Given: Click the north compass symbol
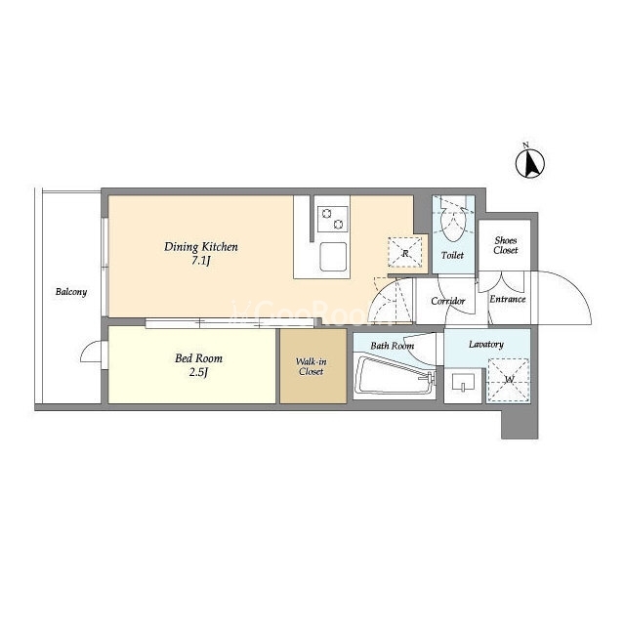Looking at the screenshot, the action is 529,163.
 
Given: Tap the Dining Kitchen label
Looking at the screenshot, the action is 201,247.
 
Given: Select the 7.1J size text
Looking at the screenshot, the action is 200,262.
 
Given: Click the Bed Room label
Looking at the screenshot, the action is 198,358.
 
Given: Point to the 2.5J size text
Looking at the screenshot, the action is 198,373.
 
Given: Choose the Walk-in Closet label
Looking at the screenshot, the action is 311,367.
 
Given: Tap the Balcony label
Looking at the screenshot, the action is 71,292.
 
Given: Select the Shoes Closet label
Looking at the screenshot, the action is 506,245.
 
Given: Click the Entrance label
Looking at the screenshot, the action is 508,299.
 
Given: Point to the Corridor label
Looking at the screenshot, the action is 447,301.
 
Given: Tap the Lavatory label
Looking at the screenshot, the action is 486,344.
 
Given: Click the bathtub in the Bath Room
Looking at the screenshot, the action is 395,375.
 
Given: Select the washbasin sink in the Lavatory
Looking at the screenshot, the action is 463,383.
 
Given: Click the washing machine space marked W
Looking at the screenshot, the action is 508,380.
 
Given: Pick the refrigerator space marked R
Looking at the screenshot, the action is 405,252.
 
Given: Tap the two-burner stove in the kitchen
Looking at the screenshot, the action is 332,219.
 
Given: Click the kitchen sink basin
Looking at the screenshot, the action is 333,257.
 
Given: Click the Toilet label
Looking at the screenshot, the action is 452,255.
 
